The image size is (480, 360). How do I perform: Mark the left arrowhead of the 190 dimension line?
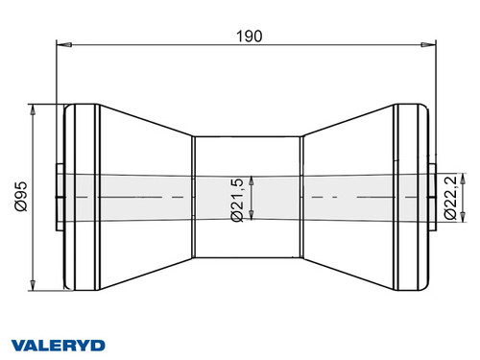pyautogui.click(x=63, y=43)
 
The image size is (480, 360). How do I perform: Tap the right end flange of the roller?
pyautogui.click(x=411, y=144)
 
